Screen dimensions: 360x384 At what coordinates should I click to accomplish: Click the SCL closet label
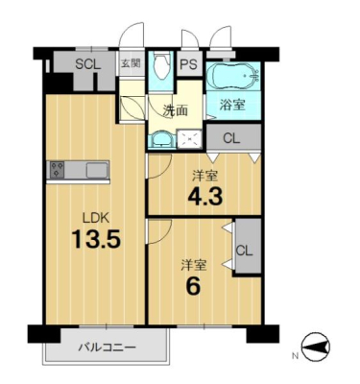coord(88,64)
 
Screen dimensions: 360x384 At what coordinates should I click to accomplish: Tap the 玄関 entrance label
coord(131,63)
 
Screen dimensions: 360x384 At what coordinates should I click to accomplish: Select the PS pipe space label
coord(188,65)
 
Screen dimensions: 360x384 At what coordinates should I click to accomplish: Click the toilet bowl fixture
coord(161,66)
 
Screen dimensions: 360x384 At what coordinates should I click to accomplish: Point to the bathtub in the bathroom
coord(232,77)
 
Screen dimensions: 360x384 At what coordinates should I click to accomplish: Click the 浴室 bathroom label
coord(232,105)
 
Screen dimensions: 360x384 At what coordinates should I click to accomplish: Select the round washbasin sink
coord(161,139)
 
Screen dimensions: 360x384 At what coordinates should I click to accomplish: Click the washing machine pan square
coord(190,139)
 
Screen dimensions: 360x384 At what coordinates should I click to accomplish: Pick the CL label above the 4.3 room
coord(231,138)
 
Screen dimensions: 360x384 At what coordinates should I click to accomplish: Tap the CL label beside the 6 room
coord(245,251)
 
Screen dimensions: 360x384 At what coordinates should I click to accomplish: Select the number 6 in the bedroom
coord(194,286)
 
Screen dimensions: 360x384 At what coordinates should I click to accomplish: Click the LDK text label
coord(96,219)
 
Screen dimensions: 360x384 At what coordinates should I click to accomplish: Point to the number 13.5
coord(96,239)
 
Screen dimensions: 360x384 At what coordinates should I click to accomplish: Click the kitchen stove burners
coord(58,169)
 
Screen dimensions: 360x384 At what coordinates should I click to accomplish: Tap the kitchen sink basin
coord(97,169)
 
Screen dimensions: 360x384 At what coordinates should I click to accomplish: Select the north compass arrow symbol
coord(316,347)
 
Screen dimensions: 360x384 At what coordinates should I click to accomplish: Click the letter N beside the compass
coord(295,355)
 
